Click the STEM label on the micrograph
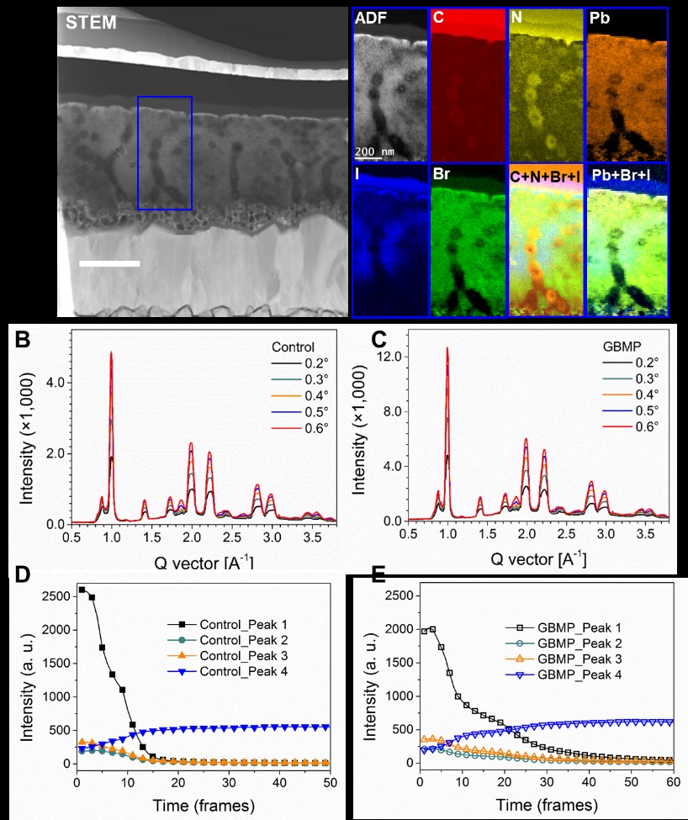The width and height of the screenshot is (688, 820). [92, 23]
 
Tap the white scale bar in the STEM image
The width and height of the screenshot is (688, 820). [109, 264]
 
